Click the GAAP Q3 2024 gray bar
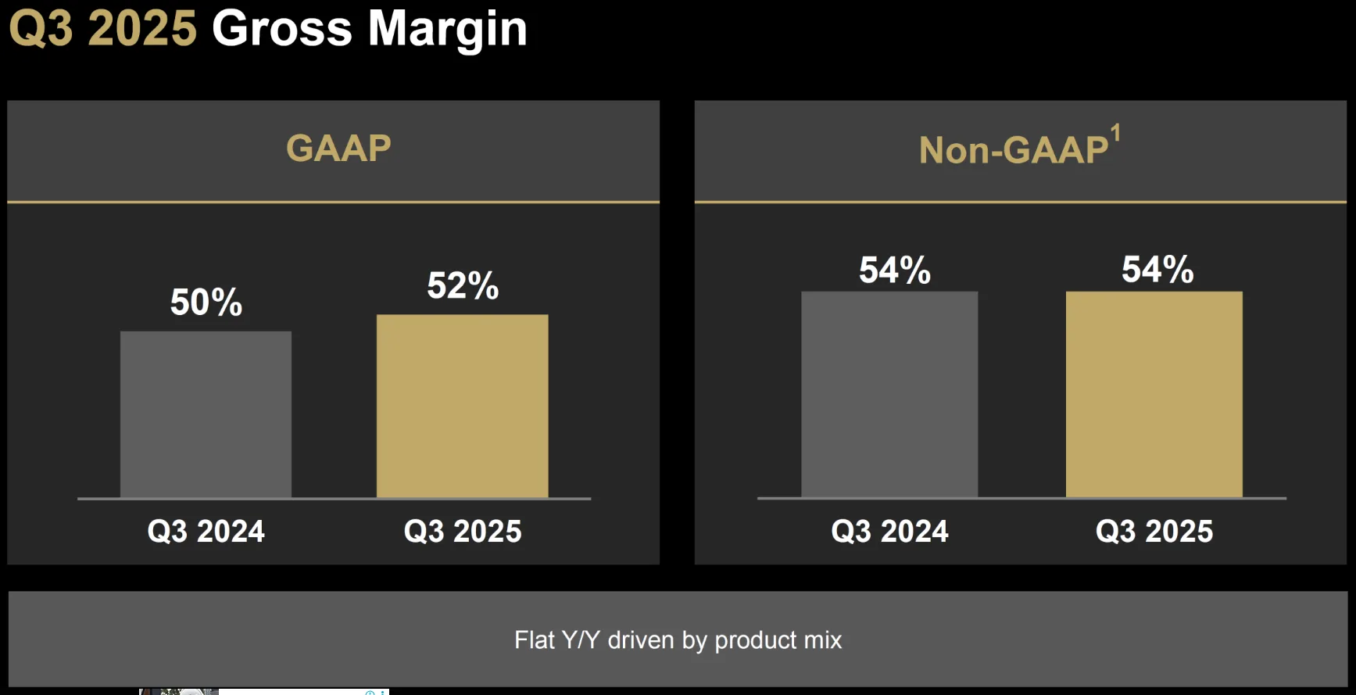pyautogui.click(x=206, y=414)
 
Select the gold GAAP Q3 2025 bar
pyautogui.click(x=463, y=406)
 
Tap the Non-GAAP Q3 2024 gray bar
pyautogui.click(x=889, y=394)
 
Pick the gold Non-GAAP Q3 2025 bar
pyautogui.click(x=1154, y=394)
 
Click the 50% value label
pyautogui.click(x=206, y=303)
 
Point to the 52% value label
pyautogui.click(x=463, y=286)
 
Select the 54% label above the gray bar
pyautogui.click(x=895, y=270)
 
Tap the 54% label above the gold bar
pyautogui.click(x=1157, y=270)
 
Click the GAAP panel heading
pyautogui.click(x=338, y=149)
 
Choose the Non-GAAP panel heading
pyautogui.click(x=1014, y=150)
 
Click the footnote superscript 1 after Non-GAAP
pyautogui.click(x=1116, y=133)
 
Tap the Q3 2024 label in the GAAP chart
pyautogui.click(x=206, y=532)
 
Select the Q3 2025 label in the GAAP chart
pyautogui.click(x=463, y=532)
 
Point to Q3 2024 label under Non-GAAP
pyautogui.click(x=890, y=532)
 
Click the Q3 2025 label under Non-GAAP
pyautogui.click(x=1154, y=532)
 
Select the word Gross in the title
pyautogui.click(x=282, y=29)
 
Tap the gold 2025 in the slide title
pyautogui.click(x=142, y=29)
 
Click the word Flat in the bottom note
pyautogui.click(x=535, y=640)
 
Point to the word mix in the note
pyautogui.click(x=823, y=640)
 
